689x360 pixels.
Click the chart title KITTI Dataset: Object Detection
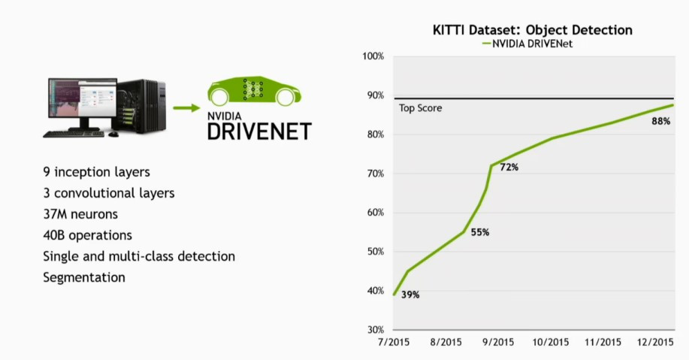click(x=532, y=30)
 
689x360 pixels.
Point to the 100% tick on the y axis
click(x=373, y=56)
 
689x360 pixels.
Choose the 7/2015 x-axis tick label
click(x=393, y=343)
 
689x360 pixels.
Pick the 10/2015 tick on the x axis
click(x=552, y=343)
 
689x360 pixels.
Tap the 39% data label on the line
click(x=409, y=295)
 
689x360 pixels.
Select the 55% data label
click(x=479, y=233)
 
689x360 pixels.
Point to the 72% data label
click(x=509, y=167)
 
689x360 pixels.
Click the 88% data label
click(x=660, y=122)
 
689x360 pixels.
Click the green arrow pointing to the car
click(x=187, y=107)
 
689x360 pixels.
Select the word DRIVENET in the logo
click(x=259, y=132)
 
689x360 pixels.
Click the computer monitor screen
click(x=82, y=101)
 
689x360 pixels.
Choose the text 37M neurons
click(x=80, y=214)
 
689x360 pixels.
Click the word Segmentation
click(x=83, y=277)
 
